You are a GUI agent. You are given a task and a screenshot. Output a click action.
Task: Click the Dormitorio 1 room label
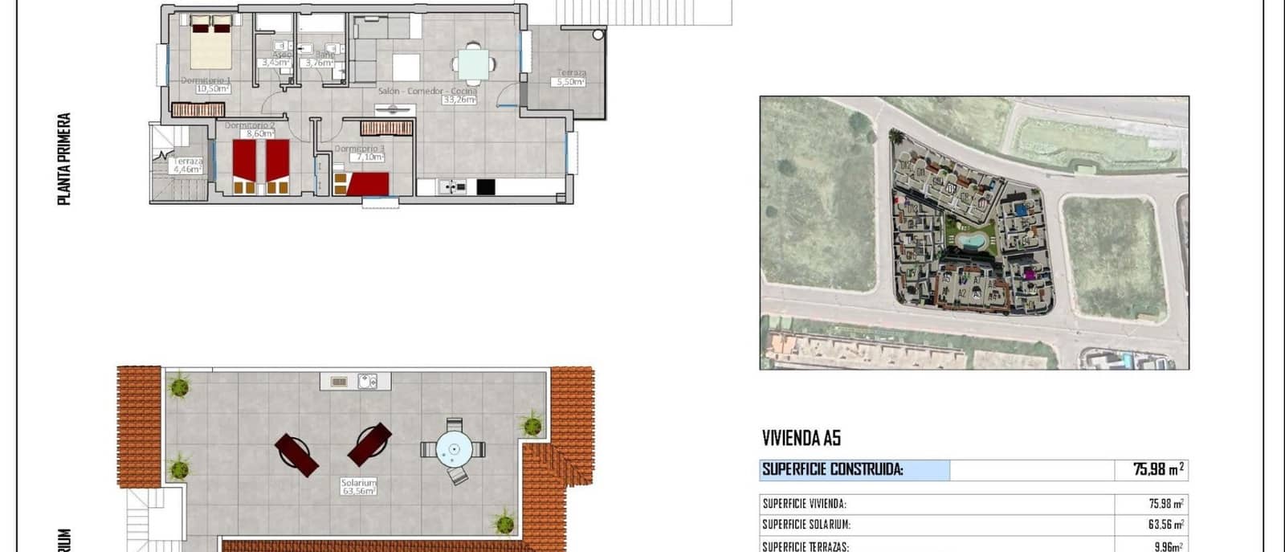tap(206, 80)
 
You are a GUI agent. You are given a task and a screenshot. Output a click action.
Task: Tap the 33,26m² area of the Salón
tap(459, 100)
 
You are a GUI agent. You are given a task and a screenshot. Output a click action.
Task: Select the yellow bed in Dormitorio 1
tap(211, 46)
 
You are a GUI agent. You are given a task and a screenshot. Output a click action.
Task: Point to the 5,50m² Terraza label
tap(571, 77)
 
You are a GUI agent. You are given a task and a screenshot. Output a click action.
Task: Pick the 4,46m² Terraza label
tap(188, 166)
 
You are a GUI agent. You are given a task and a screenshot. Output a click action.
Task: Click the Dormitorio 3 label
tap(359, 149)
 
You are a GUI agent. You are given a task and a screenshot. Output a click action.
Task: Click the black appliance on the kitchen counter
tap(485, 186)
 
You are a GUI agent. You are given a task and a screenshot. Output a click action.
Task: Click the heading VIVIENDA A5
tap(801, 438)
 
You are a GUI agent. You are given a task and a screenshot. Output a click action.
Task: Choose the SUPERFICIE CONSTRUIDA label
tap(832, 470)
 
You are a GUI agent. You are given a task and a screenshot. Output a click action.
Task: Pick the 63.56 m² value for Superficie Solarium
tap(1166, 525)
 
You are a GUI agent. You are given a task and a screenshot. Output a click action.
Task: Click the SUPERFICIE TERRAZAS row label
tap(805, 546)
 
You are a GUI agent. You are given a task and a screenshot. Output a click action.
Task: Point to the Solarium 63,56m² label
tap(358, 487)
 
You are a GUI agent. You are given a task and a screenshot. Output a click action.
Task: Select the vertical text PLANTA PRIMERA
tap(64, 158)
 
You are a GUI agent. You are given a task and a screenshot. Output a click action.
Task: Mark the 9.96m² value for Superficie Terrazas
tap(1166, 546)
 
